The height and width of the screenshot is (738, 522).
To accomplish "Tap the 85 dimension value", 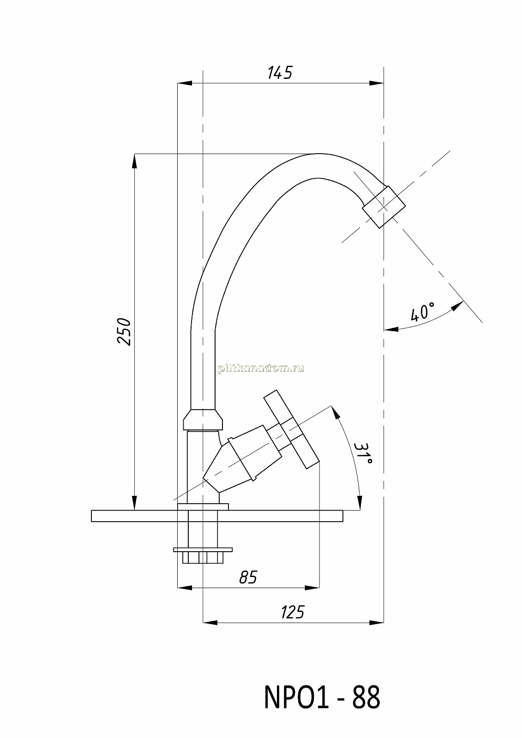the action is coord(248,577).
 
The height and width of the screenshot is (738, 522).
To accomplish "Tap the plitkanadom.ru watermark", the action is coord(261,369).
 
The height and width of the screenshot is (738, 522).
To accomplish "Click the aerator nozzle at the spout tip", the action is coord(384,207).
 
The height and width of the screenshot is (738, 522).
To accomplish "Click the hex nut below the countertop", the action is coord(203,558).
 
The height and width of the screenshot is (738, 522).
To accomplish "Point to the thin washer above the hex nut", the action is coord(203,549).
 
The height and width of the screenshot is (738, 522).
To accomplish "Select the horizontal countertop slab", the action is coord(217,516).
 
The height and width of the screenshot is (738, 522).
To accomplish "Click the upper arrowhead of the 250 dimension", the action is coord(135,161).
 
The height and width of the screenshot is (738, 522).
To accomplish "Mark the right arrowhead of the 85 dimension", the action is coord(312,588).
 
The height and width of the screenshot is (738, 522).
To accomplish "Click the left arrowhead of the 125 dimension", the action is coord(210,622).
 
